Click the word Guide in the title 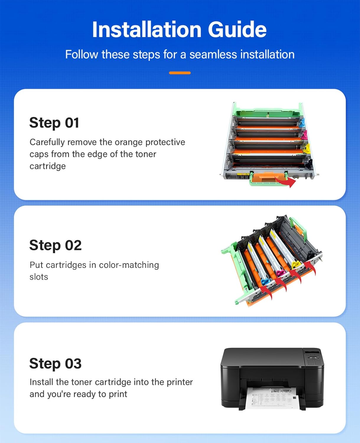click(x=237, y=29)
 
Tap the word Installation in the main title click(x=146, y=29)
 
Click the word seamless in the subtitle click(x=213, y=55)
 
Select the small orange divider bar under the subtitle click(x=180, y=73)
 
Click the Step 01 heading click(x=54, y=123)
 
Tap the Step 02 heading click(x=56, y=245)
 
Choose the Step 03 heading click(x=56, y=363)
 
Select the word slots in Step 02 click(x=39, y=277)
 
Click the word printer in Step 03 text click(x=180, y=382)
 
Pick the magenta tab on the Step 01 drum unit click(x=304, y=135)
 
